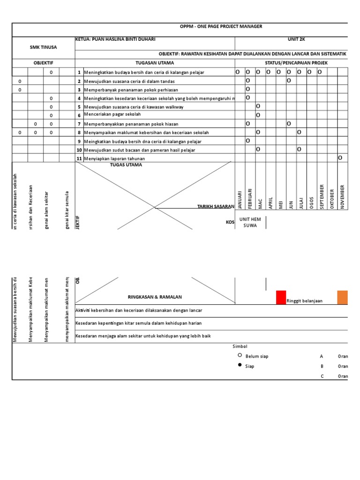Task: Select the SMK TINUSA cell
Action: point(43,47)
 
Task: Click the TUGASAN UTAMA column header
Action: point(155,63)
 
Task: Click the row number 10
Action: point(79,150)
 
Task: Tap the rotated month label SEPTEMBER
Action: point(322,197)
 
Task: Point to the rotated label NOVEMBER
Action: point(343,197)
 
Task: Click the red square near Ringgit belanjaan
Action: point(281,298)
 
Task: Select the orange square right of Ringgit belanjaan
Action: point(342,298)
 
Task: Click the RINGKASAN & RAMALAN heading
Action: point(155,297)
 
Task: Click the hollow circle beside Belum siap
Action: point(240,356)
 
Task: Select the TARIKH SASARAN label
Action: point(216,206)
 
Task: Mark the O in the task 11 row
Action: point(340,158)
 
